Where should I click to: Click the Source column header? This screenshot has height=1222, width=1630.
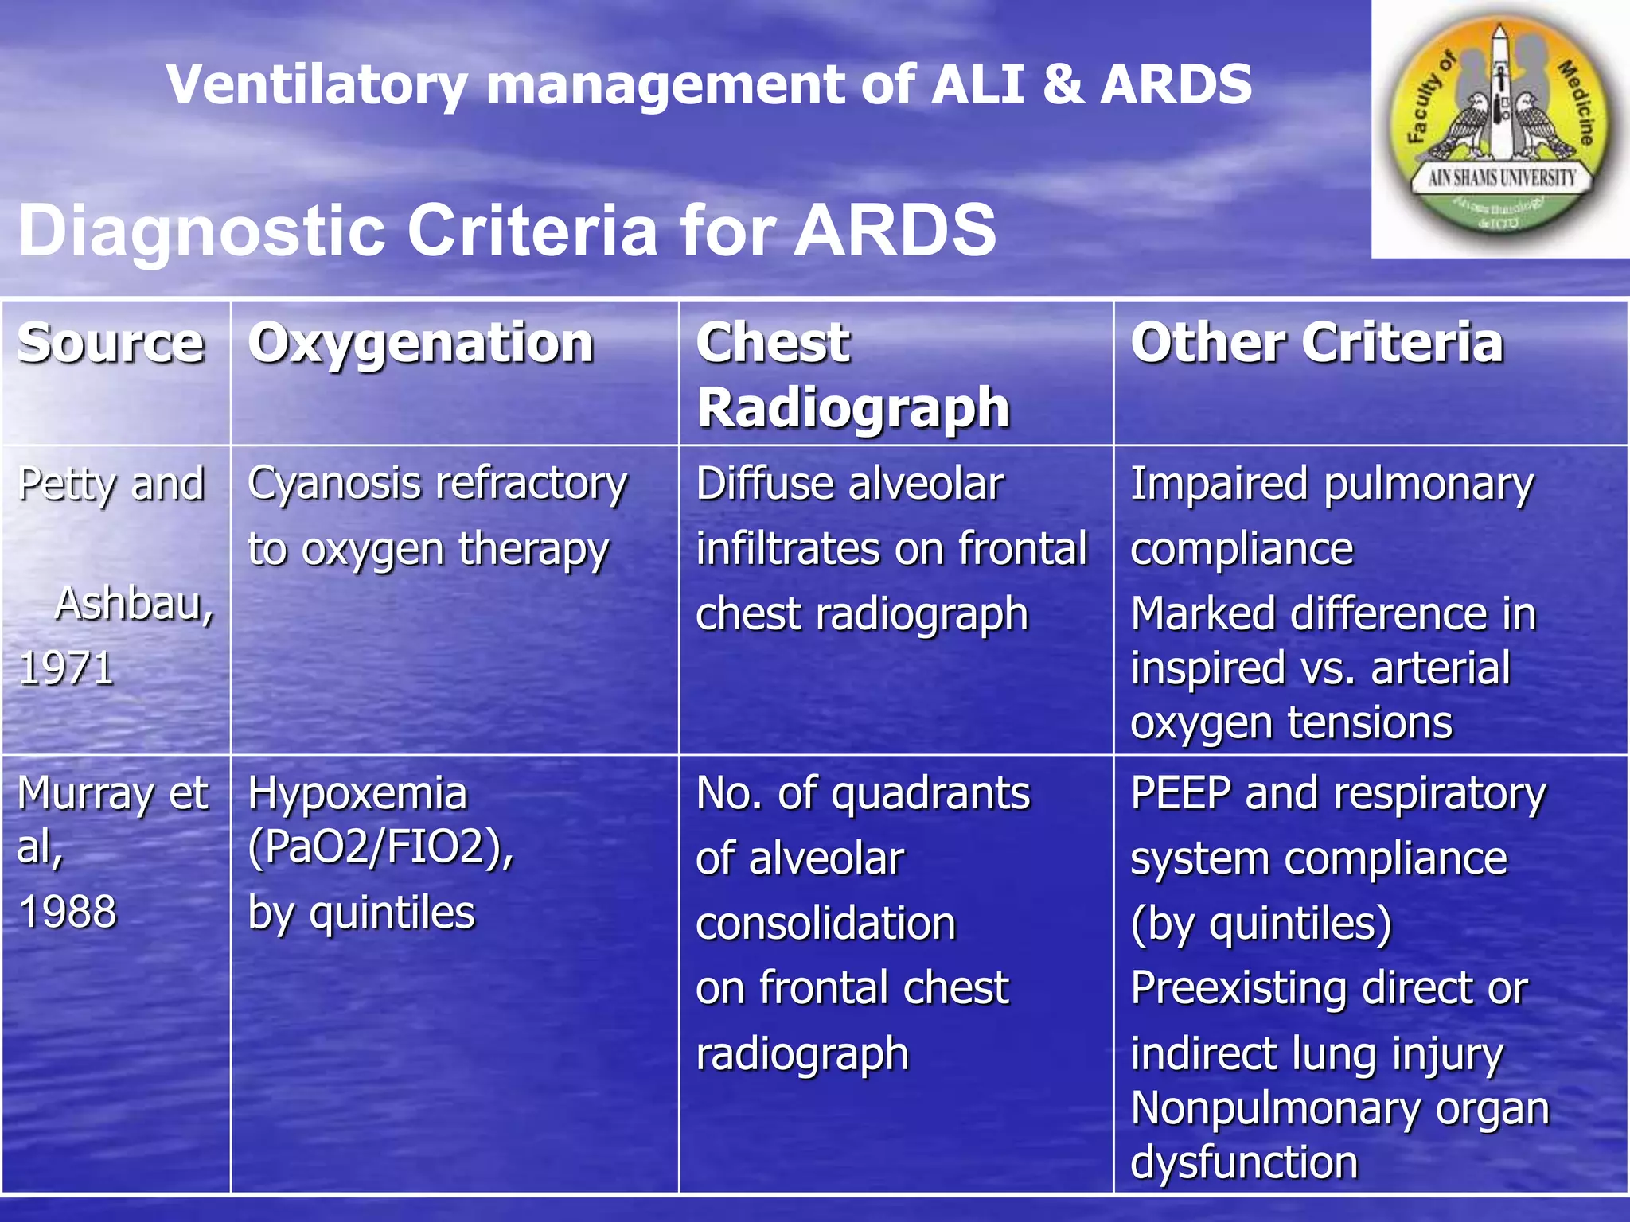pos(111,344)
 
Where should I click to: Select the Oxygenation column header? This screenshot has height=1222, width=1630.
pos(421,344)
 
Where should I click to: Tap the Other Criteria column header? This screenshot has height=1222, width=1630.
pos(1317,344)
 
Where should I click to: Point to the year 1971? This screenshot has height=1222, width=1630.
pos(66,668)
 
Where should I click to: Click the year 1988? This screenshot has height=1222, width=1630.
pos(68,912)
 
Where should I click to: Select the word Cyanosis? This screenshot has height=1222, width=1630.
pos(335,485)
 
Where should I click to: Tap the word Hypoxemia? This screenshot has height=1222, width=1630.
pos(357,794)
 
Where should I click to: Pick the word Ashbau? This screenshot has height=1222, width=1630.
pos(135,604)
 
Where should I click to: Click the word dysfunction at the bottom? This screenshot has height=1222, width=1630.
pos(1244,1162)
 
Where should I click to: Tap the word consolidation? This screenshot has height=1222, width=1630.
pos(825,924)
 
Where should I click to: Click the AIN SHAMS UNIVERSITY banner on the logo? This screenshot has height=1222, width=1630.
pos(1501,177)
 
